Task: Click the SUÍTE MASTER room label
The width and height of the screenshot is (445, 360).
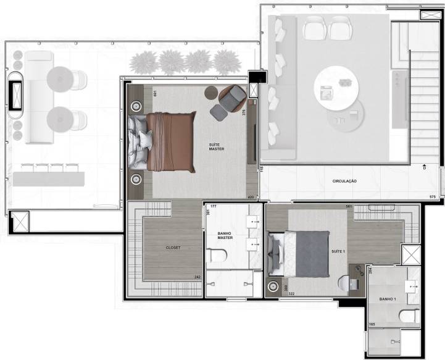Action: tap(217, 146)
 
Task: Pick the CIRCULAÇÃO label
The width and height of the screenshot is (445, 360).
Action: tap(345, 181)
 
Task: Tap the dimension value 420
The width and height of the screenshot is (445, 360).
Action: tap(251, 198)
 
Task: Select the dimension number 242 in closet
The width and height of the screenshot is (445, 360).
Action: tap(196, 277)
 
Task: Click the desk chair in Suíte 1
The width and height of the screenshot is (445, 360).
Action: tap(347, 283)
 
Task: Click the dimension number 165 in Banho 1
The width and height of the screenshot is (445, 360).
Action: tap(372, 323)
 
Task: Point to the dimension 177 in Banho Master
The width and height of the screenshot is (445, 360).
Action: tap(214, 206)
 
